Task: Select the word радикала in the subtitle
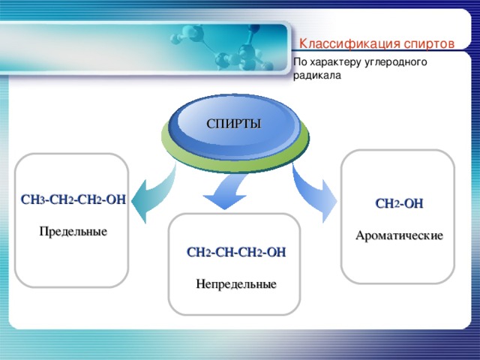316,76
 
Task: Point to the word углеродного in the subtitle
398,62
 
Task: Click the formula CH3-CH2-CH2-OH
73,199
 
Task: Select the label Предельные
73,232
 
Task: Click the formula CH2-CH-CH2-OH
235,252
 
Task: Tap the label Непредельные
235,284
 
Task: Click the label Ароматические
399,235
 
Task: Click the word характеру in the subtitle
338,62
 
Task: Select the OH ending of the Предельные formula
115,199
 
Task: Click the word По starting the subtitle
300,62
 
